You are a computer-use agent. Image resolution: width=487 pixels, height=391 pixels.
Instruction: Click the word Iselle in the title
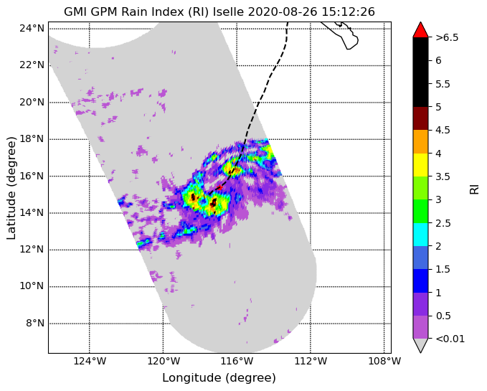click(230, 11)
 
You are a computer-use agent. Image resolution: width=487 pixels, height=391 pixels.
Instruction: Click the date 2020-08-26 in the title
click(283, 11)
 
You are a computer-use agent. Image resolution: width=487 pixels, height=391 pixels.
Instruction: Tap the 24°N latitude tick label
click(32, 29)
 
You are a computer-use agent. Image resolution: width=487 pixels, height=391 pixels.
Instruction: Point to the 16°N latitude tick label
click(32, 176)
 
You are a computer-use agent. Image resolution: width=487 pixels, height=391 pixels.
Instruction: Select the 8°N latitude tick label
click(35, 324)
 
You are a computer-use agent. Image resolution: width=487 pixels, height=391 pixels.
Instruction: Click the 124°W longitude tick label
click(90, 361)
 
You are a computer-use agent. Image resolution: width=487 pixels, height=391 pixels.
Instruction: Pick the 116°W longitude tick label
click(237, 361)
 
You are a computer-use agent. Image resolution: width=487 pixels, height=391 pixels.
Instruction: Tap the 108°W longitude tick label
click(384, 361)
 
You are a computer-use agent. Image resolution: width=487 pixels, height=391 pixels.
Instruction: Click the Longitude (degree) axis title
click(219, 378)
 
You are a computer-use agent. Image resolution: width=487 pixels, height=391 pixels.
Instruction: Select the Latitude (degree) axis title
click(11, 188)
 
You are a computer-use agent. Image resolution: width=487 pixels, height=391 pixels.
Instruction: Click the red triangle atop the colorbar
click(420, 29)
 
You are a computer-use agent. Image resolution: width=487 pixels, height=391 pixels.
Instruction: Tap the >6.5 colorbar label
click(447, 37)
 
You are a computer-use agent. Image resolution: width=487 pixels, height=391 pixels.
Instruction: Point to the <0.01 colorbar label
click(450, 339)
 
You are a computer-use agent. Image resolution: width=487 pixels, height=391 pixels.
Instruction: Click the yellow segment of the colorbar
click(420, 165)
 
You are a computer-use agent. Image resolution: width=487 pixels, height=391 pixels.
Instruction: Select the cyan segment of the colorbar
click(420, 235)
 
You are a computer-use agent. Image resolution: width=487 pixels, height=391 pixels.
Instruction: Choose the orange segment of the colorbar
click(420, 141)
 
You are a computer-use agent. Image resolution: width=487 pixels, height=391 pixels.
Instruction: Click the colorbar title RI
click(474, 188)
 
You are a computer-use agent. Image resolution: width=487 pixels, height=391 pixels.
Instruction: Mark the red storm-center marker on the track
click(220, 187)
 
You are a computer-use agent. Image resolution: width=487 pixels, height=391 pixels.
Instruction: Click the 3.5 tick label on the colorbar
click(443, 176)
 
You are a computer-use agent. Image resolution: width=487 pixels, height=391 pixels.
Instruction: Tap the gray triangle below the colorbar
click(420, 345)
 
